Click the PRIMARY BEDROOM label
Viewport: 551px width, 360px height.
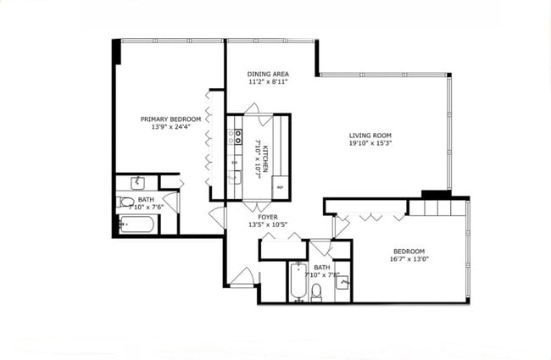pos(170,119)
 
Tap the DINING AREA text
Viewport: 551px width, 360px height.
pos(268,74)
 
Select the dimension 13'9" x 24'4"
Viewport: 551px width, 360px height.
pos(170,128)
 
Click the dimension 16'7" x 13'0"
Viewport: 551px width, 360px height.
pos(409,260)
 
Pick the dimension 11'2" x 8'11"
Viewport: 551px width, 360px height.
pos(268,82)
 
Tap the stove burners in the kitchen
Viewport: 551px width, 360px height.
pos(238,138)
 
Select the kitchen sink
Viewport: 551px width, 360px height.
pos(235,177)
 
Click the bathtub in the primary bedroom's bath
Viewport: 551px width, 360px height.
pos(136,224)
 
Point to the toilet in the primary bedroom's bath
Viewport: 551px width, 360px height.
pos(125,202)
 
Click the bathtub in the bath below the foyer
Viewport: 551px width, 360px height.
pos(298,283)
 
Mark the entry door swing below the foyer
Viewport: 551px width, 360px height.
pos(241,277)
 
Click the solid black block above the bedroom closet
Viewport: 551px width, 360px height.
pos(437,194)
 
